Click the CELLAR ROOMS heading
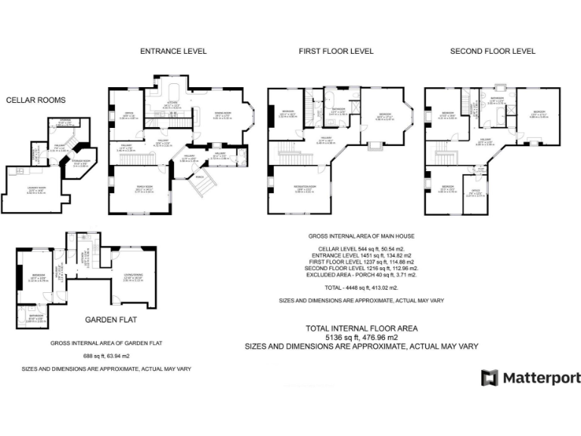point(36,100)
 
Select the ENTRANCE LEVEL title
point(173,51)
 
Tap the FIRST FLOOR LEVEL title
point(336,51)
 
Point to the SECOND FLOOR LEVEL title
point(492,51)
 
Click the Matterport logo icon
point(489,378)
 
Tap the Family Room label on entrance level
point(134,190)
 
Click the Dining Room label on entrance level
point(222,115)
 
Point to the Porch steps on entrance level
point(202,181)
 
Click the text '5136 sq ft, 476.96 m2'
point(360,337)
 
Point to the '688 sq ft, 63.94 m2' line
point(106,355)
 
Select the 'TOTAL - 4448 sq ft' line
point(362,288)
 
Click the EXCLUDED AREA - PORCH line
point(362,274)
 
